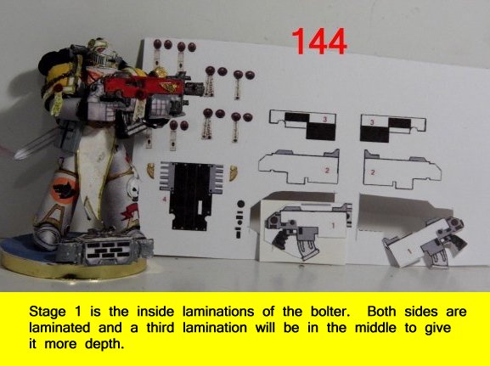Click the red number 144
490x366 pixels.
click(x=319, y=41)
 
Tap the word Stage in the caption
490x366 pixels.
click(x=48, y=312)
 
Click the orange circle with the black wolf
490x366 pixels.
click(x=63, y=190)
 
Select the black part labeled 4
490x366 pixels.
click(x=191, y=195)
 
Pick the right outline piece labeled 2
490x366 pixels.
click(x=402, y=171)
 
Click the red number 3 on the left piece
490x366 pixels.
click(x=325, y=119)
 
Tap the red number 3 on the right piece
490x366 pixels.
click(x=372, y=122)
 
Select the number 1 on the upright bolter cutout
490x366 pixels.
click(x=333, y=225)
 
